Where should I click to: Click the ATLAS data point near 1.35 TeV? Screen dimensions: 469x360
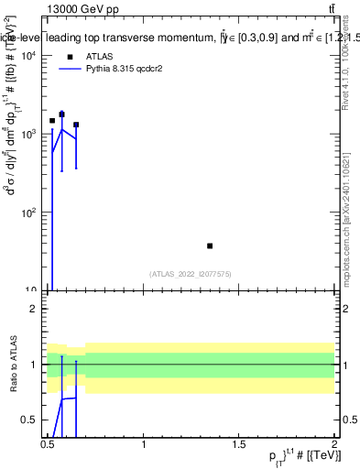[x=210, y=245]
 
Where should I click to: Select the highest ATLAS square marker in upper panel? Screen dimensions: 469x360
[x=61, y=115]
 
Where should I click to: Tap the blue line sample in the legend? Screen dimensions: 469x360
[x=71, y=69]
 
